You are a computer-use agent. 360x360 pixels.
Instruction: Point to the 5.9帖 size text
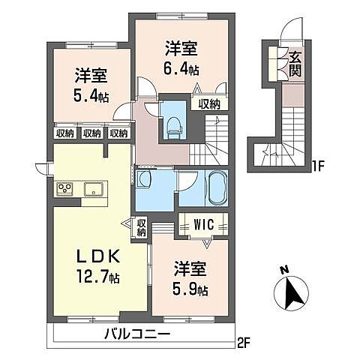tap(192, 289)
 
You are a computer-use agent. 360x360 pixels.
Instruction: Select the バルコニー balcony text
tap(136, 334)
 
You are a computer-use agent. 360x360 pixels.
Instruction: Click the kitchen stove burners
tap(64, 188)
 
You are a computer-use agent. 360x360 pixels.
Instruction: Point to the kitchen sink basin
tap(94, 187)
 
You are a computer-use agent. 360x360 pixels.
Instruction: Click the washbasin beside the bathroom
tap(145, 181)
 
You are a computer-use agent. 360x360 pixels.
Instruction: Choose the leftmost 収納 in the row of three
tap(65, 133)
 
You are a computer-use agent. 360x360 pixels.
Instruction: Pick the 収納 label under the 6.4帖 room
tap(209, 104)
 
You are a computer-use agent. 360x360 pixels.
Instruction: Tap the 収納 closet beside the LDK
tap(142, 226)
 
